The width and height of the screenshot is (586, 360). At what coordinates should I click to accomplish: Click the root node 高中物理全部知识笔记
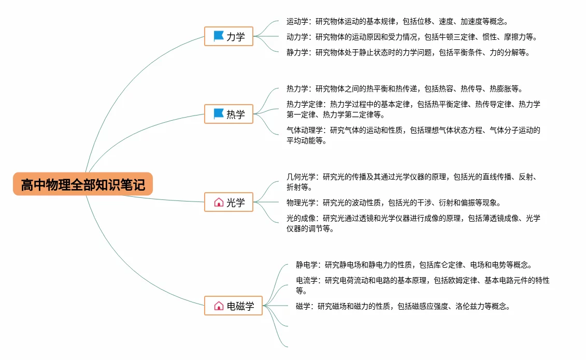tap(83, 184)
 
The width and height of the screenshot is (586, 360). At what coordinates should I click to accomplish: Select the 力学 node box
tap(229, 37)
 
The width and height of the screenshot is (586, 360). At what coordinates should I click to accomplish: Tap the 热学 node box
tap(229, 114)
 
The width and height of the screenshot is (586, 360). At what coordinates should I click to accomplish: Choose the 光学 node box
tap(229, 202)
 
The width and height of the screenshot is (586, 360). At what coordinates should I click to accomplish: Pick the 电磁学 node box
tap(234, 306)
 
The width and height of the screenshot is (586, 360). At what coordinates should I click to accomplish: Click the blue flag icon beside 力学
tap(219, 36)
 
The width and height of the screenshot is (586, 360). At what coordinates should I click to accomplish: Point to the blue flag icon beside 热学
tap(219, 113)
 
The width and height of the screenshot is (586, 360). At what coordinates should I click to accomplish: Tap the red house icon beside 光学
tap(219, 202)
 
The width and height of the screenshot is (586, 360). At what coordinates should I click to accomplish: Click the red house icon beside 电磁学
tap(219, 306)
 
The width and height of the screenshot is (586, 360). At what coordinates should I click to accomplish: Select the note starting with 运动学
tap(397, 22)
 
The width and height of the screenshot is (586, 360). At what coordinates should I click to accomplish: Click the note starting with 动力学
tap(411, 37)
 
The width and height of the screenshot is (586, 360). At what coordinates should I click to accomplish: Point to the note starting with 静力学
tap(408, 52)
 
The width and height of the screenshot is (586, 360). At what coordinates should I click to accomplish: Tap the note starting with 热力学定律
tap(413, 109)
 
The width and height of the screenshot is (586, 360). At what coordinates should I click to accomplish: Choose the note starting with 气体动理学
tap(413, 135)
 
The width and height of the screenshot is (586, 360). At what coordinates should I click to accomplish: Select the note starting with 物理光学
tap(393, 203)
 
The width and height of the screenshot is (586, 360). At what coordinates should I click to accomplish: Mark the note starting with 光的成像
tap(413, 223)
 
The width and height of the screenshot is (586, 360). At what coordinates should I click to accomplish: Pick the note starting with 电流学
tap(422, 285)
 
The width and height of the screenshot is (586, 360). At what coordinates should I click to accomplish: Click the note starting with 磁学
tap(403, 306)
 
